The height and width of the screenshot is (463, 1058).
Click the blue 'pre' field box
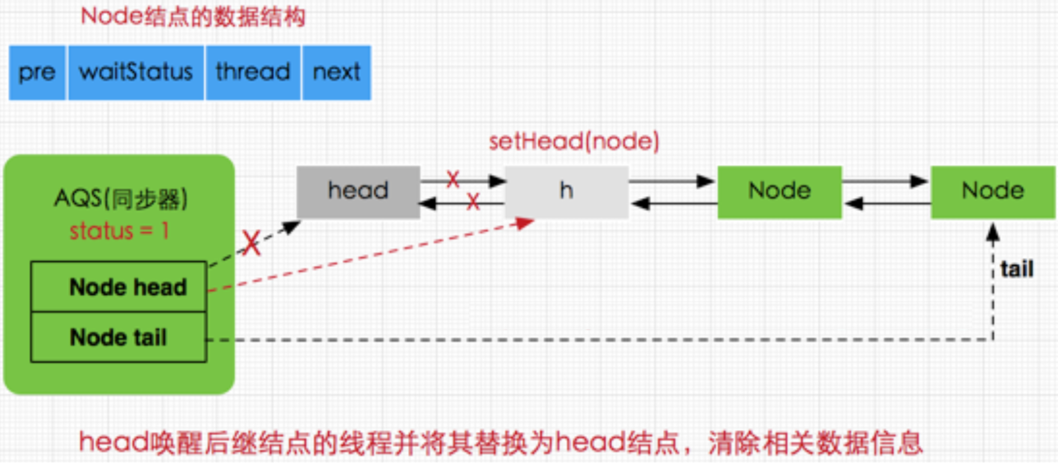tap(37, 73)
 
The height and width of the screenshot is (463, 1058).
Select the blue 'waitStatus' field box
tap(135, 73)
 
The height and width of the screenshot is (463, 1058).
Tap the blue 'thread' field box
tap(253, 73)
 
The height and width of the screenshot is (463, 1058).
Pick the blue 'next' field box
tap(336, 73)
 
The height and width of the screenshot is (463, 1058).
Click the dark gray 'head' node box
tap(358, 192)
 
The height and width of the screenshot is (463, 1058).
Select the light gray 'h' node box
tap(566, 192)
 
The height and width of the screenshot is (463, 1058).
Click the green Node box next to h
tap(779, 192)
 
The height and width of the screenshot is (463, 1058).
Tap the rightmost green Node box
tap(992, 192)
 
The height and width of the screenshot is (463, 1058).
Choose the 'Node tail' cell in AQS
tap(119, 337)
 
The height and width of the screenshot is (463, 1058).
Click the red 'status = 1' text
tap(119, 231)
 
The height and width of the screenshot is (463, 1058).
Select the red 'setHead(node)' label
tap(573, 142)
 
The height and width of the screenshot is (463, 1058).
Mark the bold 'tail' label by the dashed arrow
tap(1017, 269)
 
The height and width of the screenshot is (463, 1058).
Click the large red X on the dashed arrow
tap(251, 243)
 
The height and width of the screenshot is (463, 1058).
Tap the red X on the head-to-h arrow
tap(453, 179)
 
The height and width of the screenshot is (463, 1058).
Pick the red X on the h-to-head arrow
tap(473, 201)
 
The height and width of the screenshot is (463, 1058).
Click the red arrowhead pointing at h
tap(525, 223)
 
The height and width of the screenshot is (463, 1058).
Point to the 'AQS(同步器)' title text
tap(121, 199)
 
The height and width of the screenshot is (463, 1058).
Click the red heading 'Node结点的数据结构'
tap(193, 17)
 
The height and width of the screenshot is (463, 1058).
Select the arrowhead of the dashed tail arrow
tap(992, 232)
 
